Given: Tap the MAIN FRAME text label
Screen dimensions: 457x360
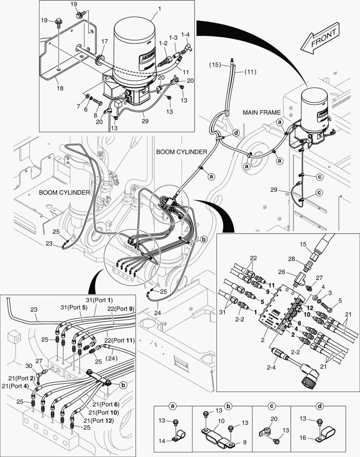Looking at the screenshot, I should [x=261, y=112].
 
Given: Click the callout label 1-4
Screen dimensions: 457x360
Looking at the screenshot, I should [x=186, y=35].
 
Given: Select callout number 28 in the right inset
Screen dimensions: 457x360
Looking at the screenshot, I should [x=291, y=259].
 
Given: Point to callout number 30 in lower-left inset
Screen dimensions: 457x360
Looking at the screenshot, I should [x=29, y=366].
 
